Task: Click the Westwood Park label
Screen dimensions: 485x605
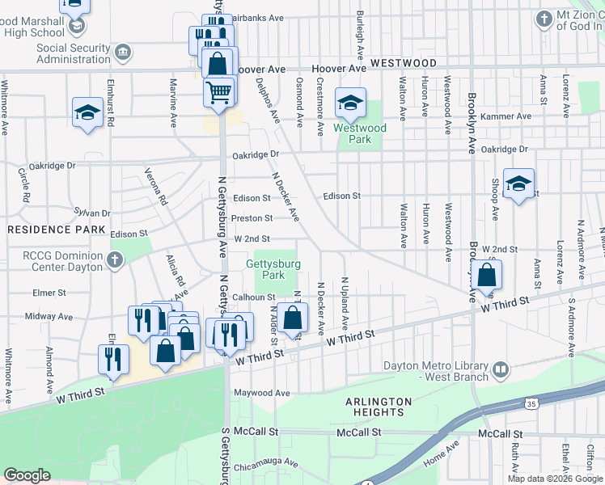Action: (x=360, y=133)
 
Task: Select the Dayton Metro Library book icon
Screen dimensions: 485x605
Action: (x=501, y=370)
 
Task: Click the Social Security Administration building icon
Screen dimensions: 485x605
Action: (x=122, y=53)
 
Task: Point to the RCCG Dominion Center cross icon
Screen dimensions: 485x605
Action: (x=114, y=259)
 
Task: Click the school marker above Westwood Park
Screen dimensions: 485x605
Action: (x=351, y=103)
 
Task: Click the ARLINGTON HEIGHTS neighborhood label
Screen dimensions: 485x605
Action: (x=379, y=407)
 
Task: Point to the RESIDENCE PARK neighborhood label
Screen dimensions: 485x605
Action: (x=57, y=230)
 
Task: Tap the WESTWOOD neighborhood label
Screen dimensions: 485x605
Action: (x=404, y=63)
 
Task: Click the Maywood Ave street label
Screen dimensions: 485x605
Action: (x=261, y=393)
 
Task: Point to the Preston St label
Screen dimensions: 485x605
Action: (x=252, y=218)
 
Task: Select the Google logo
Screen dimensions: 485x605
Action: (x=27, y=476)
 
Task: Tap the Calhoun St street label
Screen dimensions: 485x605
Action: (x=255, y=297)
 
